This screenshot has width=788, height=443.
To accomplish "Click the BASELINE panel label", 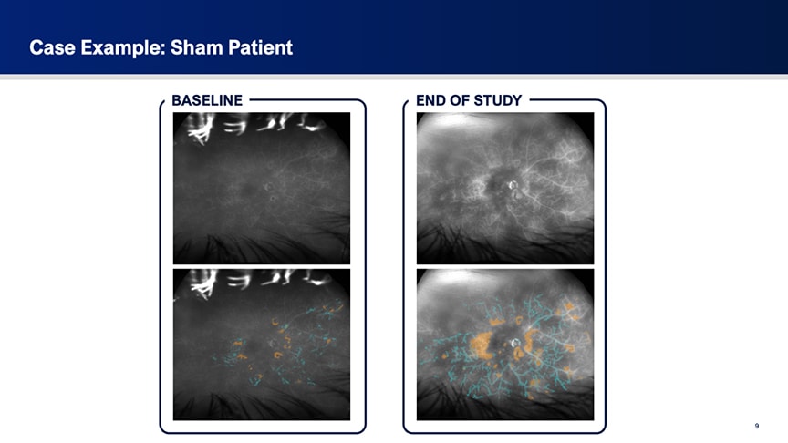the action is coord(207,100).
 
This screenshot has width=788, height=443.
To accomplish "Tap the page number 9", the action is coord(757,426).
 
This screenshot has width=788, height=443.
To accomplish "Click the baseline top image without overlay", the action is coord(262,188).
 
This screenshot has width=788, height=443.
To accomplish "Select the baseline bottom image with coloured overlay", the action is coord(262,345).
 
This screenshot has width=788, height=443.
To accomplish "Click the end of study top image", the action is coord(505,188).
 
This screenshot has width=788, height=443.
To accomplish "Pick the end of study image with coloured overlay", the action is coord(505,345).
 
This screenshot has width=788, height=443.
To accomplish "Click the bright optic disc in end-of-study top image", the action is coord(513,185).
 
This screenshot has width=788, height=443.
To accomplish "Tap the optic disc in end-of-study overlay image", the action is coord(515,343).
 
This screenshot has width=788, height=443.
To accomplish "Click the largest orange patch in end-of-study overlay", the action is coord(482,345).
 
